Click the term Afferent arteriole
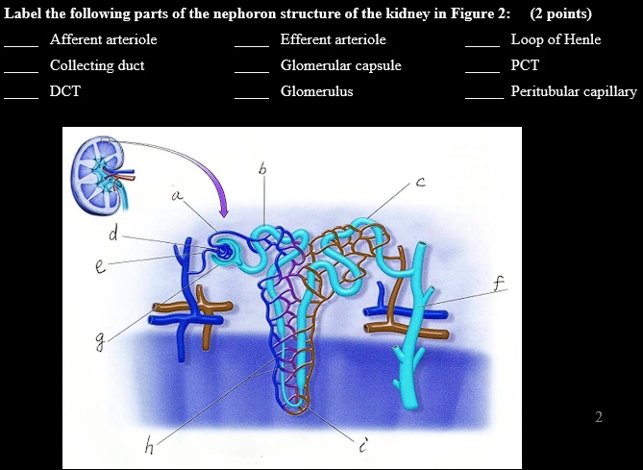point(103,39)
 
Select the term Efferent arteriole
point(333,39)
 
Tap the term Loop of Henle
point(556,39)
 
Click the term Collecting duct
point(97,65)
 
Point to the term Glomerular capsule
point(340,65)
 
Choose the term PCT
point(525,65)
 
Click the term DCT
point(65,91)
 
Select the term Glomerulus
point(316,91)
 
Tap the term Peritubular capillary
point(573,91)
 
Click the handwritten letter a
point(176,196)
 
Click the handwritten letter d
point(114,234)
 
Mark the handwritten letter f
point(497,283)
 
